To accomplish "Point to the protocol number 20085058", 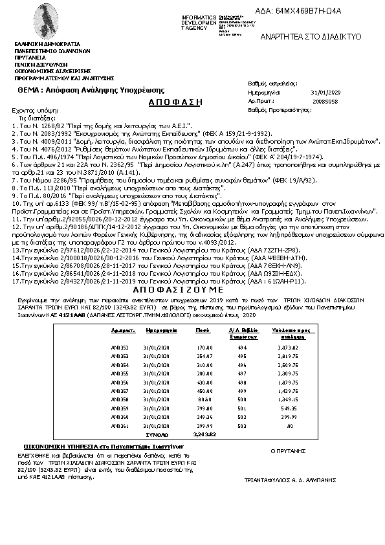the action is tap(324, 102).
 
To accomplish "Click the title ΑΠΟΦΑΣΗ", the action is tap(176, 102).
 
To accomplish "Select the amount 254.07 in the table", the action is tap(204, 356).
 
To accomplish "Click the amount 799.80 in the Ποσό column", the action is tap(204, 408).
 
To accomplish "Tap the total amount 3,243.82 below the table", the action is tap(203, 434).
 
